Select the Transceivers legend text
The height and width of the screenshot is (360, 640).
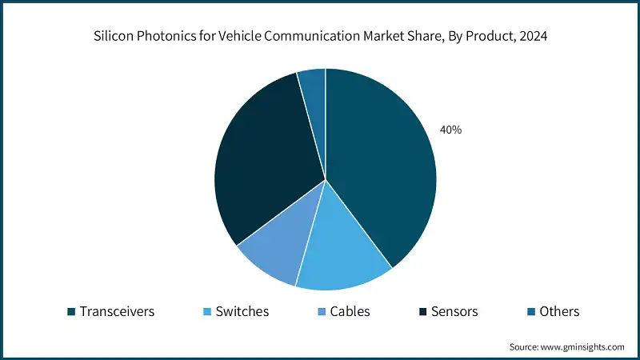coord(118,311)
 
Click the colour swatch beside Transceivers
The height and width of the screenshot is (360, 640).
coord(71,312)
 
